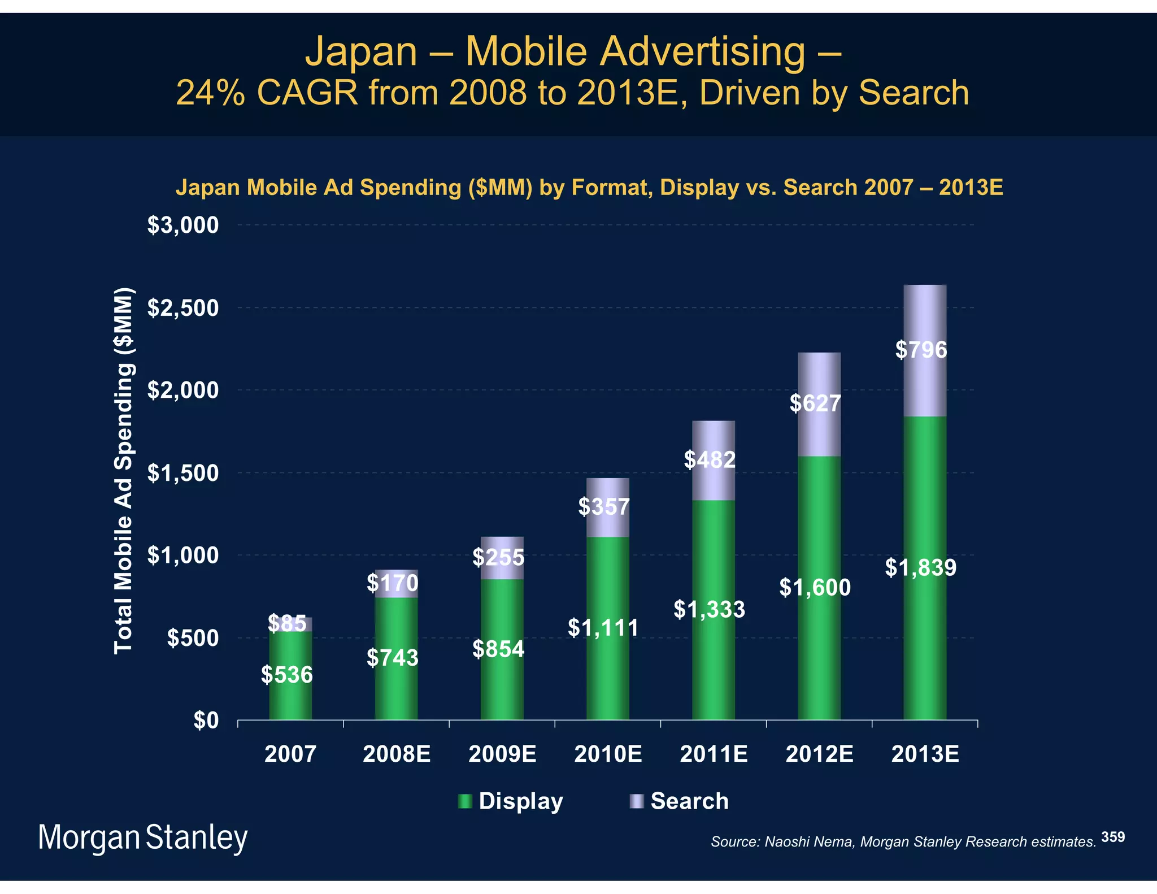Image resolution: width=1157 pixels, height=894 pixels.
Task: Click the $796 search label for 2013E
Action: [x=921, y=350]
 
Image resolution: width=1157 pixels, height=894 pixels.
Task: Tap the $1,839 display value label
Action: [x=920, y=567]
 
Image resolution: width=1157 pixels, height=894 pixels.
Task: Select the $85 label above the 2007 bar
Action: [x=287, y=624]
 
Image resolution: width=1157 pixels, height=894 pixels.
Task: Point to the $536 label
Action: [x=287, y=675]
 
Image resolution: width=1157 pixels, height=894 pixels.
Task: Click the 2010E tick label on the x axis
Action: [x=608, y=754]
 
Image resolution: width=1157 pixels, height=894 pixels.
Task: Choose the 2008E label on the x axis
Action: [x=397, y=754]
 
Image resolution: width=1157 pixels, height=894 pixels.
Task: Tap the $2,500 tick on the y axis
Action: [x=182, y=309]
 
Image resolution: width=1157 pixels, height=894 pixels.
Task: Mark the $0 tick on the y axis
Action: [x=206, y=721]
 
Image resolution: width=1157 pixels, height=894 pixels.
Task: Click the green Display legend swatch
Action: [x=465, y=801]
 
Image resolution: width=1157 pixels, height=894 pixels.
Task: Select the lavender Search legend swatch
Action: [x=637, y=801]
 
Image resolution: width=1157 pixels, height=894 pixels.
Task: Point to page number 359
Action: [x=1113, y=837]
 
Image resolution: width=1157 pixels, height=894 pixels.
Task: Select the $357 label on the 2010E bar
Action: [x=603, y=507]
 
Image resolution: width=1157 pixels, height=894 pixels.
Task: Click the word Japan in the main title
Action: [x=361, y=51]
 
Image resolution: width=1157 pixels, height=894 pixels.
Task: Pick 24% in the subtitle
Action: [x=210, y=93]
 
